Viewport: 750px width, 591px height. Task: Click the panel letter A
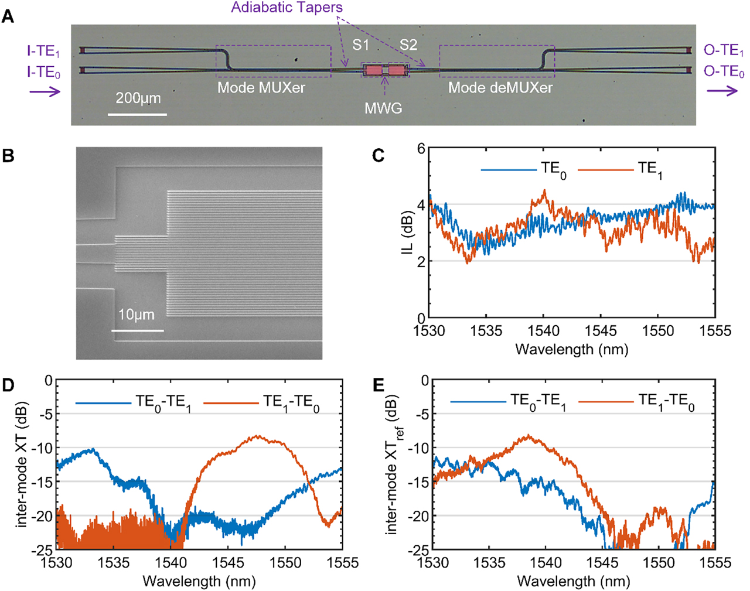[x=8, y=16]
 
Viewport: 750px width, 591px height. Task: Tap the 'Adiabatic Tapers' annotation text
[x=287, y=8]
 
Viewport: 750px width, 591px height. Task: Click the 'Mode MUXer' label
[x=261, y=88]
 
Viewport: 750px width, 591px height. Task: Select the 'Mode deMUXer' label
[x=500, y=88]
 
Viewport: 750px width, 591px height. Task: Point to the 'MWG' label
[x=383, y=108]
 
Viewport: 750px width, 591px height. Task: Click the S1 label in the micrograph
[x=361, y=45]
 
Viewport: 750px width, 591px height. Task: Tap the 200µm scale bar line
[x=138, y=114]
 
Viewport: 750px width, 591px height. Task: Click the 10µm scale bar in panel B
[x=137, y=330]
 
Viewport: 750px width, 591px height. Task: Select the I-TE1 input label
[x=43, y=51]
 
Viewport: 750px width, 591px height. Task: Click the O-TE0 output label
[x=724, y=71]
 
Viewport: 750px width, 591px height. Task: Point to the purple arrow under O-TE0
[x=722, y=91]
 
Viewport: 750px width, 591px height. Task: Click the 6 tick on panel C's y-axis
[x=420, y=148]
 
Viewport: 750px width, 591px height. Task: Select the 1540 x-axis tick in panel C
[x=543, y=330]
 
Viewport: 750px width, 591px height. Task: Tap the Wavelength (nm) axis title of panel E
[x=573, y=581]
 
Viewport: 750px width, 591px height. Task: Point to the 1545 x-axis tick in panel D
[x=227, y=563]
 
